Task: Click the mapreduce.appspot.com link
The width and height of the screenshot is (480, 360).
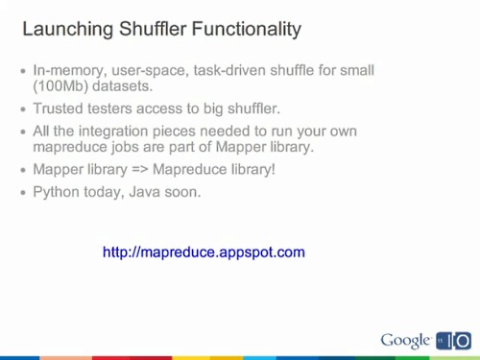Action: (204, 252)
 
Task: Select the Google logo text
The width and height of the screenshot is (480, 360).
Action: (405, 340)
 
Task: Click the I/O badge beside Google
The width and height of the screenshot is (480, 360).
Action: (455, 340)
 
